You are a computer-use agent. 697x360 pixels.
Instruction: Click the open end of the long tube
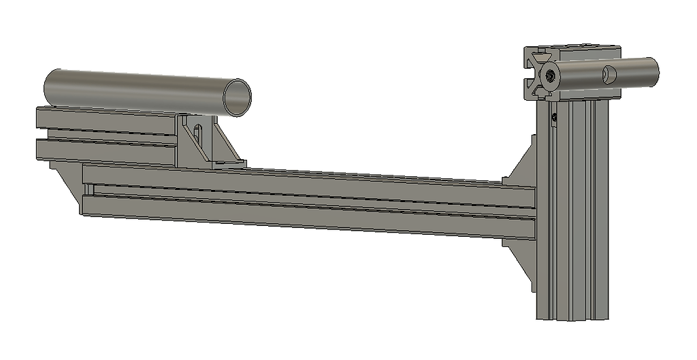[237, 96]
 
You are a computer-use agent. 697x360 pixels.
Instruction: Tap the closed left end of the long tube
[48, 84]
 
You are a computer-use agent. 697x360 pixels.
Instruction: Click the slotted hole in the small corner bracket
[199, 136]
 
